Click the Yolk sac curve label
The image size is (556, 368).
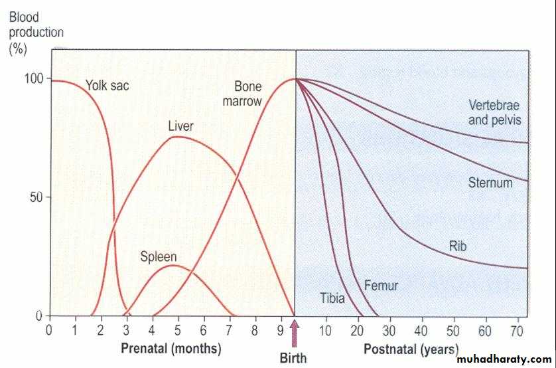tap(107, 85)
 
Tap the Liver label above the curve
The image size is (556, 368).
tap(180, 126)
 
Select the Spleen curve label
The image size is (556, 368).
tap(158, 256)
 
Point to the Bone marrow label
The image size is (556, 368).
tap(247, 94)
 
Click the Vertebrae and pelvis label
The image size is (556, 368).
tap(495, 112)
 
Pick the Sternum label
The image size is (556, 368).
tap(490, 183)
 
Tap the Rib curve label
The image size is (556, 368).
tap(458, 246)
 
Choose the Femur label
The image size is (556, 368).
tap(382, 286)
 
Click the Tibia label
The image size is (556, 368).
tap(332, 298)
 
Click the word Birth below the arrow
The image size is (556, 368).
tap(293, 358)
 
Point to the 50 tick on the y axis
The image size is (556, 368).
tap(38, 197)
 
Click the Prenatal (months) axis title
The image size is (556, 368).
tap(171, 348)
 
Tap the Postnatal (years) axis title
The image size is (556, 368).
tap(411, 348)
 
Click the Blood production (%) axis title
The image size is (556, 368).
tap(36, 33)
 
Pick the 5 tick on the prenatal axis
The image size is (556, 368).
tap(178, 329)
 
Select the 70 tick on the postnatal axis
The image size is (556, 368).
tap(518, 329)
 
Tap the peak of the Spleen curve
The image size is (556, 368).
tap(172, 265)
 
